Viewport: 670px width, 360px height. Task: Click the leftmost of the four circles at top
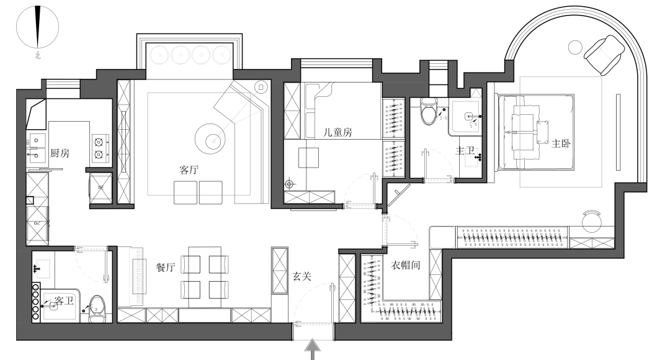tap(159, 55)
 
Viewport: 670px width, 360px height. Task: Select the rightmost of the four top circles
tap(221, 55)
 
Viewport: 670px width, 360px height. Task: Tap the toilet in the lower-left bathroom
tap(97, 308)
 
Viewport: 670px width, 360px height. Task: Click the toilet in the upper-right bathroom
tap(429, 110)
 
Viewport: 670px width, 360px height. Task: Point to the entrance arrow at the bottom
tap(313, 348)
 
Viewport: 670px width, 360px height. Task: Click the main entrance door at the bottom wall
tap(313, 324)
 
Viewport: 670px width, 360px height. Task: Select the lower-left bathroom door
tap(91, 249)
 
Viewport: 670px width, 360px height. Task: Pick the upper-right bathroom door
tap(439, 181)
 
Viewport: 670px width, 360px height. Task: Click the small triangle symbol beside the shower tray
tap(476, 93)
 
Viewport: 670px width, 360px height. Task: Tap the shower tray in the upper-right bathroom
tap(465, 116)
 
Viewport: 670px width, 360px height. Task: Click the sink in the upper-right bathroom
tap(471, 157)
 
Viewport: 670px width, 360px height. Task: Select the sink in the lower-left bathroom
tap(43, 268)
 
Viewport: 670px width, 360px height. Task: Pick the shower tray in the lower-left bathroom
tap(60, 306)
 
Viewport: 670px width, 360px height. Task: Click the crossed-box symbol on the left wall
tap(37, 223)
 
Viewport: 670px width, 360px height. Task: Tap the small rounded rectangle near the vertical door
tap(442, 237)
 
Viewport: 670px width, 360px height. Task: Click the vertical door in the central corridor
tap(385, 230)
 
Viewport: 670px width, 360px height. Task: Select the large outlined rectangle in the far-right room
tap(561, 132)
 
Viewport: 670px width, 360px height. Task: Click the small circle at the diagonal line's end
tap(213, 142)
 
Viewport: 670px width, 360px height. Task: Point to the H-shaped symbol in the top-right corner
tap(607, 53)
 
